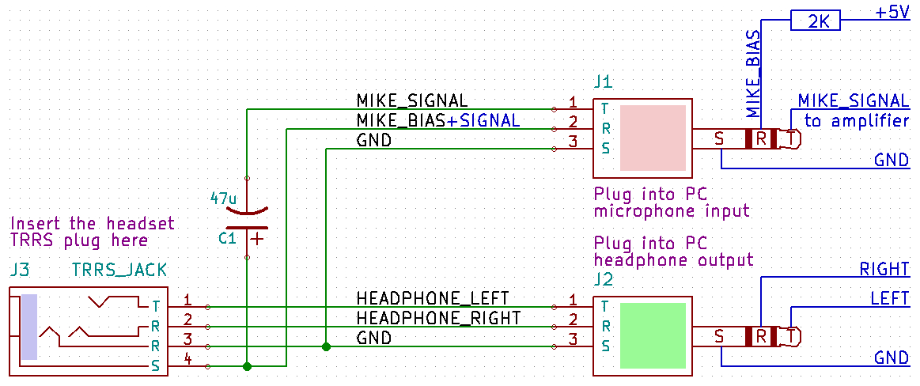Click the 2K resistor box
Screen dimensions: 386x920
[816, 21]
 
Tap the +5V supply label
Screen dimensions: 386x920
[892, 13]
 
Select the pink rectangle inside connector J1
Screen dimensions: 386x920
[653, 138]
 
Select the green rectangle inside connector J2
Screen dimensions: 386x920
[653, 335]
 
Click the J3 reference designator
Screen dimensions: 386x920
[20, 271]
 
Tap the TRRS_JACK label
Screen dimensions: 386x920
[119, 271]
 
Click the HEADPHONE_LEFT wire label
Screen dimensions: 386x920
[433, 298]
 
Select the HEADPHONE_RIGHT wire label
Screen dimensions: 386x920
[439, 318]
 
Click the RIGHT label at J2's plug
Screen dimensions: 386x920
[884, 269]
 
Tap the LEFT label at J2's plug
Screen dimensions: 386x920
[890, 299]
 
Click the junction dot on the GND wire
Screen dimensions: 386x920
[326, 346]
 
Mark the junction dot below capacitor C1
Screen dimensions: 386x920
[247, 366]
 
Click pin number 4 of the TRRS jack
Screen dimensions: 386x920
[187, 359]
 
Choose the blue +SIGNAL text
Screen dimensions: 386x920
[483, 120]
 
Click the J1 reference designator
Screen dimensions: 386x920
[602, 81]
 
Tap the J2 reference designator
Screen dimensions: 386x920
[603, 279]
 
